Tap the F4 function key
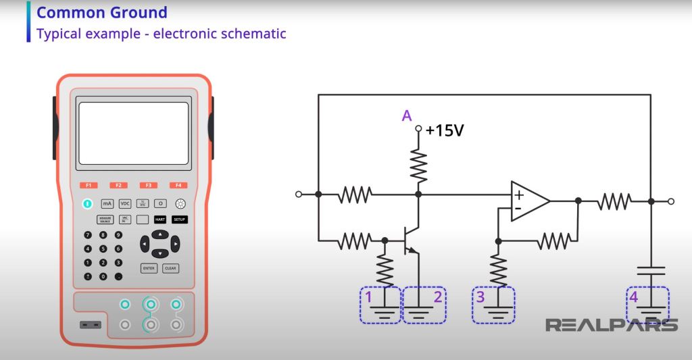(x=178, y=185)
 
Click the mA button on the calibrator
(x=107, y=203)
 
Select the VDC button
(x=125, y=203)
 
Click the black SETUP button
(x=179, y=220)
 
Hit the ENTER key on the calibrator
(x=149, y=268)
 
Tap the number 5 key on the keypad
(x=103, y=249)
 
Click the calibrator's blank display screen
(x=132, y=133)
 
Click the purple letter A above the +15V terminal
(x=407, y=116)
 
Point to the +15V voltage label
(x=445, y=130)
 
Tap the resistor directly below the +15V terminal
(x=419, y=165)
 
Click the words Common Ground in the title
(x=101, y=12)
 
